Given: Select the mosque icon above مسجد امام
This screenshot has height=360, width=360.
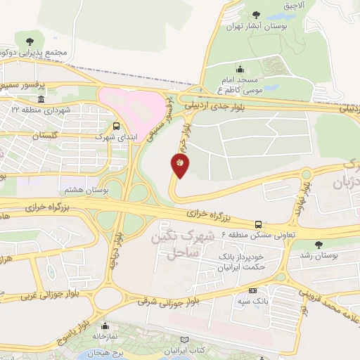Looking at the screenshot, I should [240, 69].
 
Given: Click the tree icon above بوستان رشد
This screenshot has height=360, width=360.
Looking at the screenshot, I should [319, 244].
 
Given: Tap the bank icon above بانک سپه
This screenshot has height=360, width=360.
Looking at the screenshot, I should [252, 290].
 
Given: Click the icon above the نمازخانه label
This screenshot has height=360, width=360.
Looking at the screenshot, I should [108, 326].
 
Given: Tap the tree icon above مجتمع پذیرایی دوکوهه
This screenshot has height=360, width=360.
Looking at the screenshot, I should [29, 40].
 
